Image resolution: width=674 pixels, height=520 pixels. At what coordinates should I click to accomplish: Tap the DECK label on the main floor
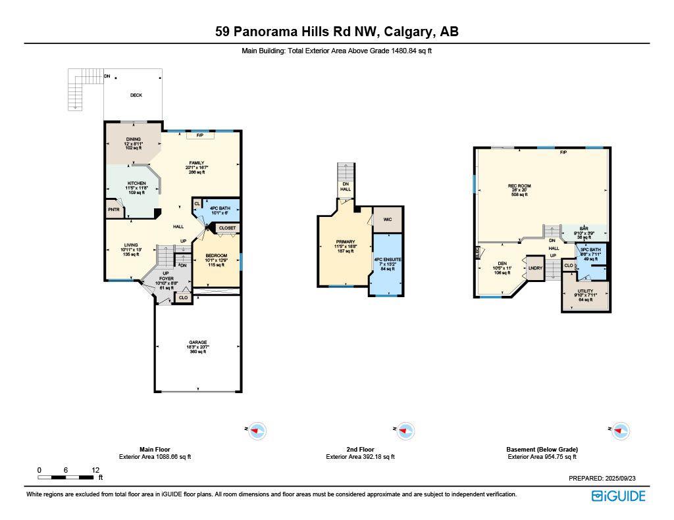click(x=136, y=95)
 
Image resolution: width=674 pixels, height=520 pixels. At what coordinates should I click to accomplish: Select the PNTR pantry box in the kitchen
click(x=113, y=210)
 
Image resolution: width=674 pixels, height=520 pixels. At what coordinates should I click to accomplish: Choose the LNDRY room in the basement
click(x=535, y=268)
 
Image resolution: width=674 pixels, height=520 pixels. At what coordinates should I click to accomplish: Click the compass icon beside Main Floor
click(x=257, y=431)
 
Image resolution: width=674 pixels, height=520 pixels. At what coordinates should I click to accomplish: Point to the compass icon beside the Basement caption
click(x=619, y=431)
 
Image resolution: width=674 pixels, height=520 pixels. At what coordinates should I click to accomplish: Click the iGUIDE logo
click(x=618, y=496)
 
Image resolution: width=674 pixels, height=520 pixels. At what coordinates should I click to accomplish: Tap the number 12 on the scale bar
click(x=96, y=470)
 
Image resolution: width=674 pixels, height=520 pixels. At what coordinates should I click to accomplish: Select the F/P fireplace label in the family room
click(x=199, y=135)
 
